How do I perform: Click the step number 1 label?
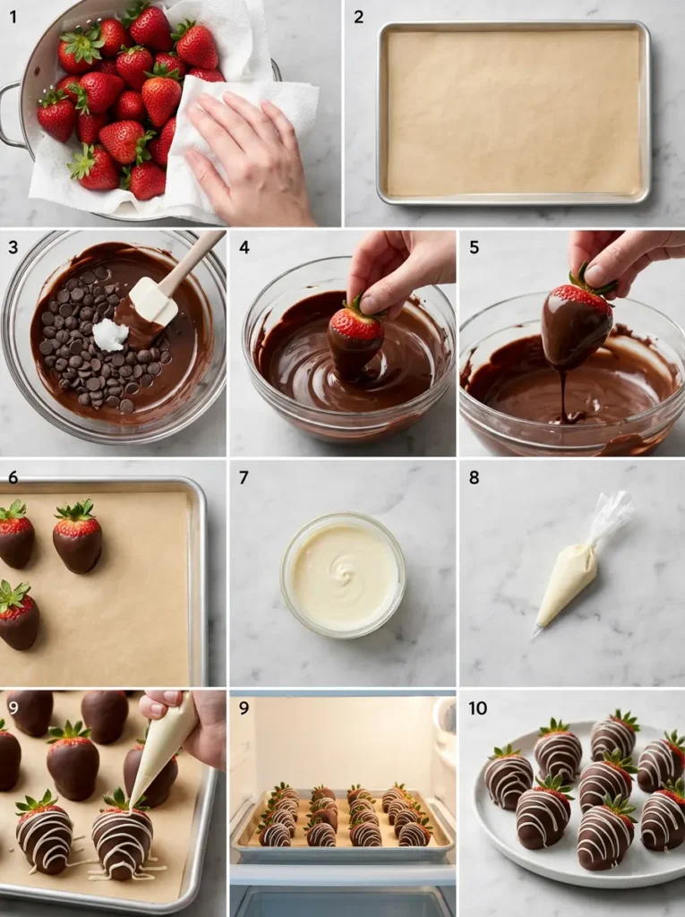(13, 16)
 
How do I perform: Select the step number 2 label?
(358, 16)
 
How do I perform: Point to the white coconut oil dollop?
(110, 335)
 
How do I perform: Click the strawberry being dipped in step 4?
(355, 336)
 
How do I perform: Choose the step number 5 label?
(475, 247)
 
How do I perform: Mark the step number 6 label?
(13, 477)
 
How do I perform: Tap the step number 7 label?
(244, 477)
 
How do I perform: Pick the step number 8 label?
(475, 477)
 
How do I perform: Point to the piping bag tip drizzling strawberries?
(133, 802)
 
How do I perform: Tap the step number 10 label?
(478, 708)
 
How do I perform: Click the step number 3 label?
(13, 247)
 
